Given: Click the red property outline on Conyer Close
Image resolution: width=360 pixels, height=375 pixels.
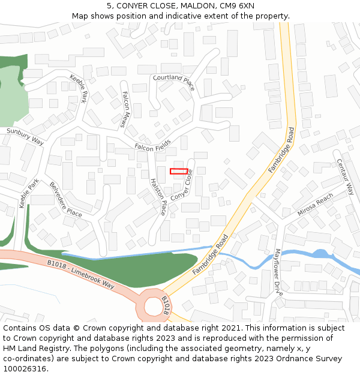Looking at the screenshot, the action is coord(179,172).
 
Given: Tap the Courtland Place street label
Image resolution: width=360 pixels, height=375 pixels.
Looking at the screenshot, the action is coord(174,82).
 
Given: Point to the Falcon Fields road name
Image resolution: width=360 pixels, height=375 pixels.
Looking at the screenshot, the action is coord(152,145).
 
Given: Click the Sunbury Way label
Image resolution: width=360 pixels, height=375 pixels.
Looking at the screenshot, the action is coord(25,136).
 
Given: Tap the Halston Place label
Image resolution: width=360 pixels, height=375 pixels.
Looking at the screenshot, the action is coord(158,196).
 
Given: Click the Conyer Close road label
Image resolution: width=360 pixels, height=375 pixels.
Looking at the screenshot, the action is coord(182,185).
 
